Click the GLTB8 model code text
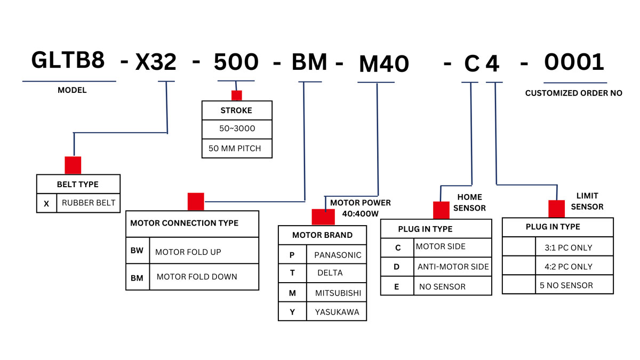(68, 60)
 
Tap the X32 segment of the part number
(156, 63)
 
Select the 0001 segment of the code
(574, 62)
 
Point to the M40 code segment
(383, 65)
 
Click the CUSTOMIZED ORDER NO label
(573, 93)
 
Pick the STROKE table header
(236, 111)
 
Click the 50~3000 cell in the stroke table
(236, 129)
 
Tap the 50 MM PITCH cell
(235, 148)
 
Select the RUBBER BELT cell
(89, 203)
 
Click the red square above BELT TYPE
(73, 165)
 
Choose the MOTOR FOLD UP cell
(188, 252)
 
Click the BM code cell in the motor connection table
(137, 277)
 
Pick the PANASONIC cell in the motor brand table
(338, 255)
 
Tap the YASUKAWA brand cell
(337, 311)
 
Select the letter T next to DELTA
(292, 273)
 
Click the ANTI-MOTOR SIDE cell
(453, 267)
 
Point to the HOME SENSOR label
(469, 203)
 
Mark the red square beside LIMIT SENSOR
(556, 208)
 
